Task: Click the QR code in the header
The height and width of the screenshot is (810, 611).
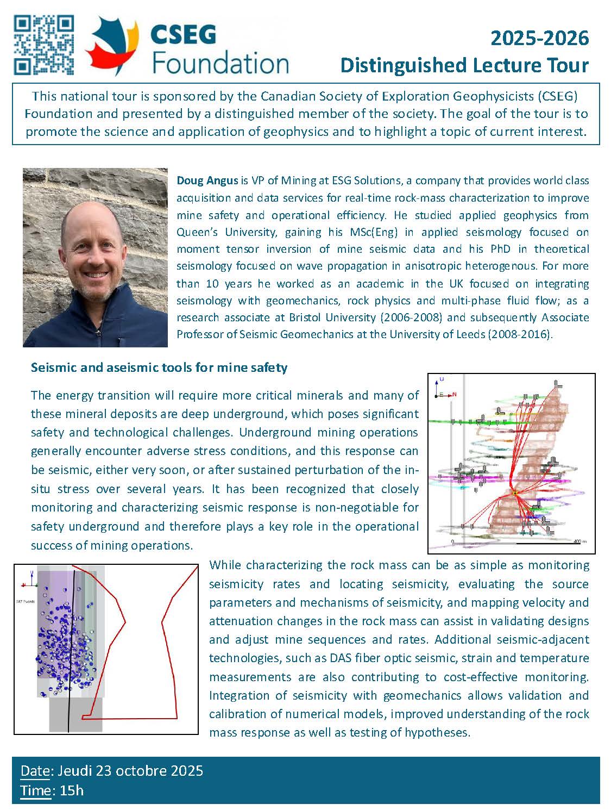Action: pos(43,45)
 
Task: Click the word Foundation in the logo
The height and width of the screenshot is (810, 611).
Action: pos(221,64)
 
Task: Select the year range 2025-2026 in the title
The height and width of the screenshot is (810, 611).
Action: pos(539,38)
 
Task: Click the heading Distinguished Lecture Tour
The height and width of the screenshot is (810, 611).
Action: pos(464,65)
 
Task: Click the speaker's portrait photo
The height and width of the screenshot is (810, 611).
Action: pos(95,257)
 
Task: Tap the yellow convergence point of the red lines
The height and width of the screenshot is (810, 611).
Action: pos(514,493)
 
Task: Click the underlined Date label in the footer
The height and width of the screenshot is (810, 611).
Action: pos(35,771)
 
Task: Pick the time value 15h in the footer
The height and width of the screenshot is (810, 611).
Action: pos(72,790)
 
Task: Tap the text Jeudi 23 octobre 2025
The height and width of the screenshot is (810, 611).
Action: pos(130,771)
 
